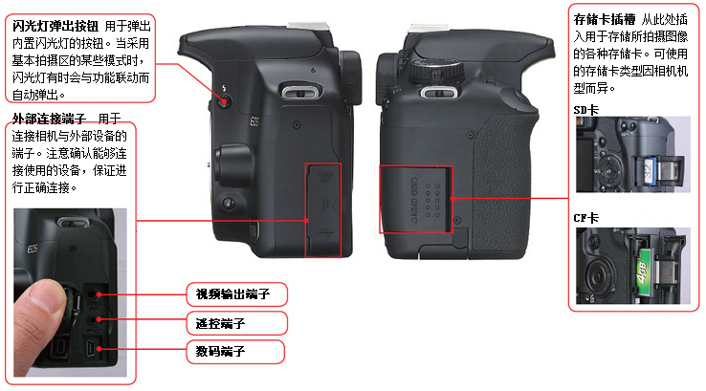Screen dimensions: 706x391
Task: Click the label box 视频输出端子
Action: point(237,294)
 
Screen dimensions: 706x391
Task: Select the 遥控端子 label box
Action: point(237,323)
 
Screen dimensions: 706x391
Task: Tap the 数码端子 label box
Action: point(235,352)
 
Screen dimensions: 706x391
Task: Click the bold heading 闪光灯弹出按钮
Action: point(55,26)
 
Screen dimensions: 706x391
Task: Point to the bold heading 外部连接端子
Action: point(49,119)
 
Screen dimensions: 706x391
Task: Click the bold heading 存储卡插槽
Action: point(605,19)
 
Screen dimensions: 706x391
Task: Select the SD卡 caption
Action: point(585,110)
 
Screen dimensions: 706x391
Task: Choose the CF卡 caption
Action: point(585,218)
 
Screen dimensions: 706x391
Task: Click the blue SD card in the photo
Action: point(649,171)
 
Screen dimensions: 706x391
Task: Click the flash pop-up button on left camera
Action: point(224,101)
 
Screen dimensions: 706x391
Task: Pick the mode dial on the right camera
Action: point(436,71)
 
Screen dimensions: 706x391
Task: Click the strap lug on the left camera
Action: point(301,93)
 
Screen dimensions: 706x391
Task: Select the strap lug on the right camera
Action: point(438,93)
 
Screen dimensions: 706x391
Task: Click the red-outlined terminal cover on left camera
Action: point(323,210)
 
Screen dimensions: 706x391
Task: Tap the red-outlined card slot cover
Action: point(415,199)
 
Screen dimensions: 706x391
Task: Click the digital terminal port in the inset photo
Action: point(92,349)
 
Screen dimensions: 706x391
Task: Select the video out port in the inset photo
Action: point(92,294)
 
